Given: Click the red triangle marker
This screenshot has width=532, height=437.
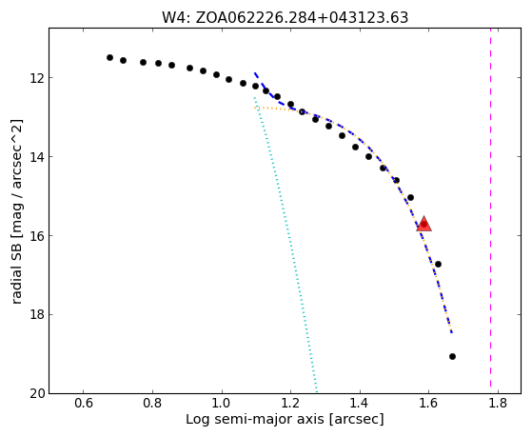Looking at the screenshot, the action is pos(424,224).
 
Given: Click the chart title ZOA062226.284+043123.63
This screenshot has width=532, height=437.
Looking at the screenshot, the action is pos(302,17).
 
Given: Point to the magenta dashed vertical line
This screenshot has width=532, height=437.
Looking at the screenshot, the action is pos(490,210).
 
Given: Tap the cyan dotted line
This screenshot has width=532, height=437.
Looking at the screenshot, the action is pos(286,245).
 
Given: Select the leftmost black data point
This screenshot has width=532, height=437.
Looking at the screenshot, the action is pos(109,58).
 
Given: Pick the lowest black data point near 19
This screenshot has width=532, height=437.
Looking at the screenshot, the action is pos(452,356).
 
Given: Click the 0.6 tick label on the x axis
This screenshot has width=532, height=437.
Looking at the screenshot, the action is pos(84,404).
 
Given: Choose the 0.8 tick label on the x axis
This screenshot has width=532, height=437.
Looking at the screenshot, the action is pos(152,404).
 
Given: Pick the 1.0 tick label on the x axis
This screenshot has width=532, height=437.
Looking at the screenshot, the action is pos(222,404).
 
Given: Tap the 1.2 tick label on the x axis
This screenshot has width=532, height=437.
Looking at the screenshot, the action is pos(291,404).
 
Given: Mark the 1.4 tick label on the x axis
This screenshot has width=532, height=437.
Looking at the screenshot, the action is pos(360,404).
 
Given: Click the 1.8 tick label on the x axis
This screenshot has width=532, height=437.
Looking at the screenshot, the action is pos(498,404).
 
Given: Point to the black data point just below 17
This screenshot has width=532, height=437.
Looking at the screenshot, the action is pos(438,264).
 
